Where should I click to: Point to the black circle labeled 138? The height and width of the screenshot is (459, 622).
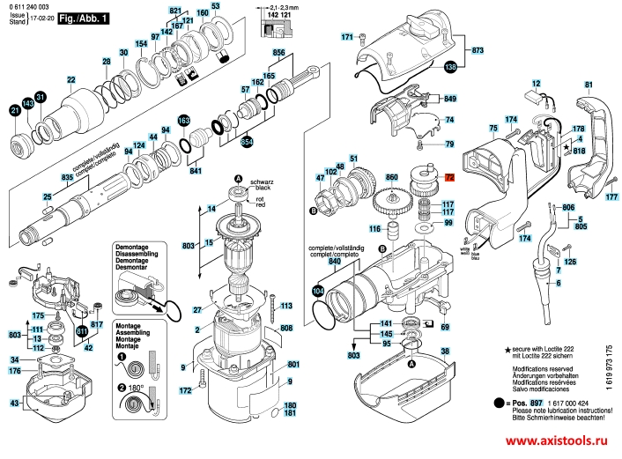451,67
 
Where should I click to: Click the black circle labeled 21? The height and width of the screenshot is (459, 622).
14,110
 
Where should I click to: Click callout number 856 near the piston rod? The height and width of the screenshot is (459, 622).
280,54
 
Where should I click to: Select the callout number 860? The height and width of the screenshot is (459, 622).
392,176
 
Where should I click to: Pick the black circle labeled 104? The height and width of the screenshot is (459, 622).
319,290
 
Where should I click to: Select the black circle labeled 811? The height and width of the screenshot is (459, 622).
82,330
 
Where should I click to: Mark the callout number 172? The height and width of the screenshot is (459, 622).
186,389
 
